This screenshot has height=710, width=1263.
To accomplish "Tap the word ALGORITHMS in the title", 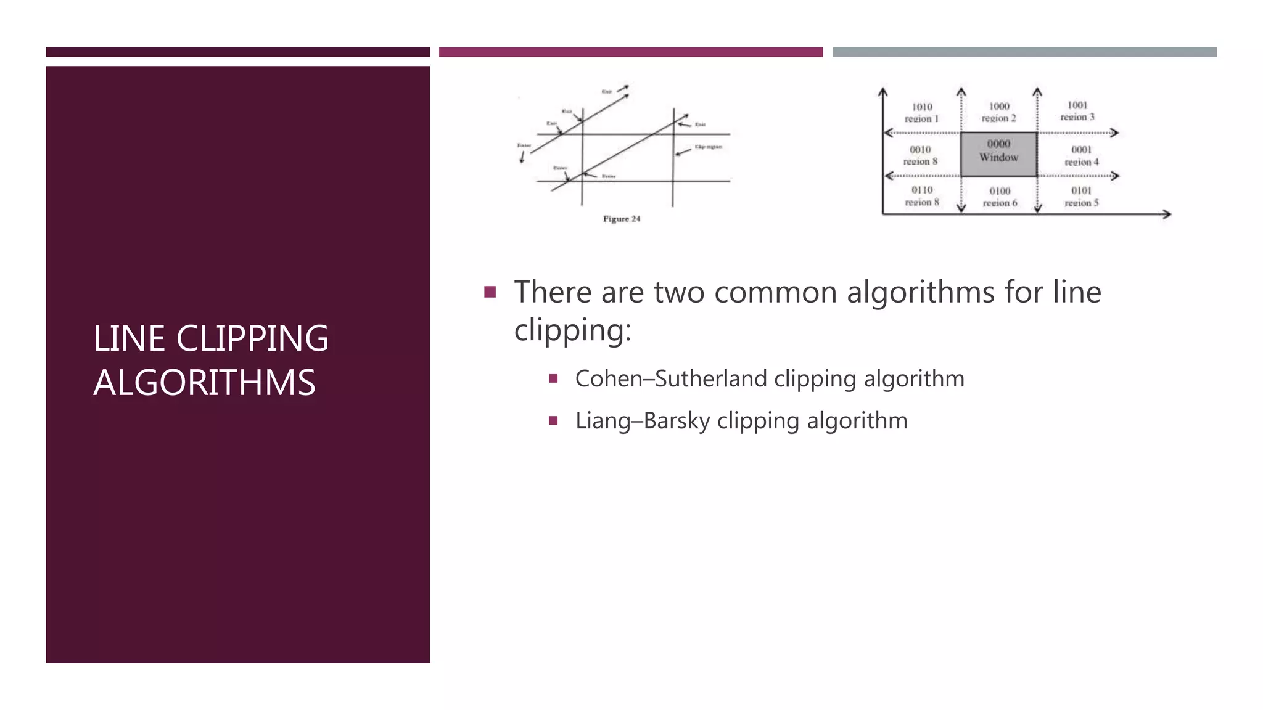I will (204, 383).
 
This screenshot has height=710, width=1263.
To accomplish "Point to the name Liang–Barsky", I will (643, 421).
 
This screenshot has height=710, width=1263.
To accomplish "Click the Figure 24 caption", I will (622, 219).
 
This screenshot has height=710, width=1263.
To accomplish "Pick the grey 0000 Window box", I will (998, 154).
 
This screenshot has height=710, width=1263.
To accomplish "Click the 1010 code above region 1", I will (922, 107).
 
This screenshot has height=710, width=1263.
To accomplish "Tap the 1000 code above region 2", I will (999, 106).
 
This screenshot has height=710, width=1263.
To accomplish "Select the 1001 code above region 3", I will (1077, 105).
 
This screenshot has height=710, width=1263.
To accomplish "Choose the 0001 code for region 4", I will (1081, 149).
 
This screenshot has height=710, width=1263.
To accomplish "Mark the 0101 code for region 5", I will (1081, 190).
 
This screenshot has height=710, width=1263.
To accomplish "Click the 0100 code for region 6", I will (1000, 191).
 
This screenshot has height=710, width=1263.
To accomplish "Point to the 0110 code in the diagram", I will (922, 190).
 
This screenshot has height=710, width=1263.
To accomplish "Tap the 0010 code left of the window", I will (920, 149).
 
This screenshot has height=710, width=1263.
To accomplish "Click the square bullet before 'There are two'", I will (490, 292).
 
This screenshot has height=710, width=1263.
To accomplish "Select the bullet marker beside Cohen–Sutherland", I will (553, 378).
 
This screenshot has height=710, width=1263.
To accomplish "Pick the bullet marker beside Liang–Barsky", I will (553, 421).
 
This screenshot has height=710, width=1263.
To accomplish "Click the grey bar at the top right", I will (1024, 52).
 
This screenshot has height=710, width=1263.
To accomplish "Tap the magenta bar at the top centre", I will (630, 52).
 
